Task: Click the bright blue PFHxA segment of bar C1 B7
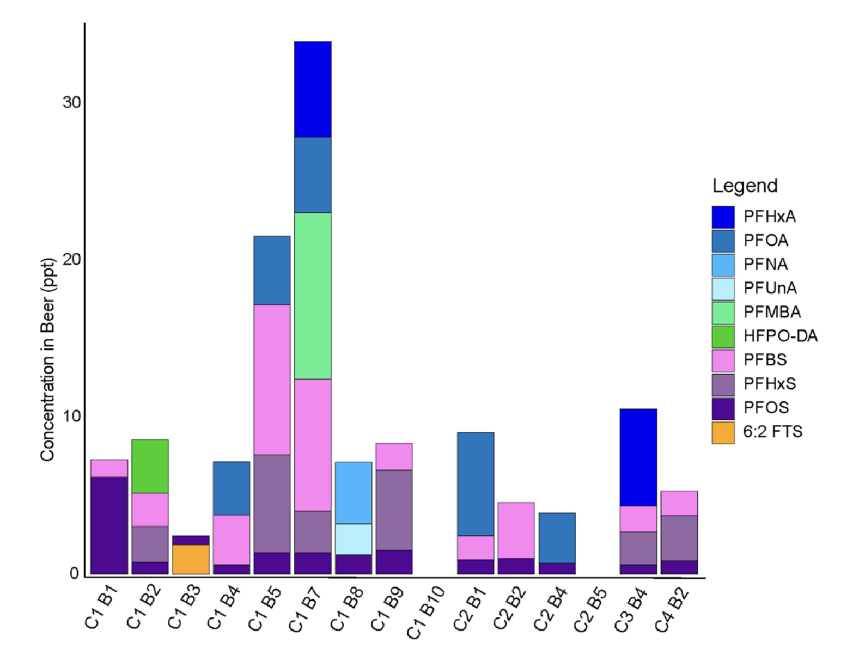click(313, 89)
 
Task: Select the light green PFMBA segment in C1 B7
click(313, 296)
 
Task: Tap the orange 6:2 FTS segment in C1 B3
click(191, 559)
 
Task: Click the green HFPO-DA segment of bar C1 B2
click(150, 466)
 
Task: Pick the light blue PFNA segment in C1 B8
click(354, 493)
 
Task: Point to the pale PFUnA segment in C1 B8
click(354, 539)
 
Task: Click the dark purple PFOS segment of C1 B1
click(109, 525)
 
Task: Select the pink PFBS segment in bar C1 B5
click(272, 380)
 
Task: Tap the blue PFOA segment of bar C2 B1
click(476, 484)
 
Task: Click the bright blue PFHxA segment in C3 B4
click(638, 457)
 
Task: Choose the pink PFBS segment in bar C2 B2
click(516, 530)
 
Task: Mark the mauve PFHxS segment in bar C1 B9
click(394, 510)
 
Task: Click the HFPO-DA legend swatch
click(723, 336)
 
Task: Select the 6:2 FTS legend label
click(772, 432)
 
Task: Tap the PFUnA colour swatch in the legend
click(723, 289)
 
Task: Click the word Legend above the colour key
click(745, 186)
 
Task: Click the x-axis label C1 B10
click(426, 613)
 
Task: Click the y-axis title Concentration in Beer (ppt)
click(47, 359)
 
